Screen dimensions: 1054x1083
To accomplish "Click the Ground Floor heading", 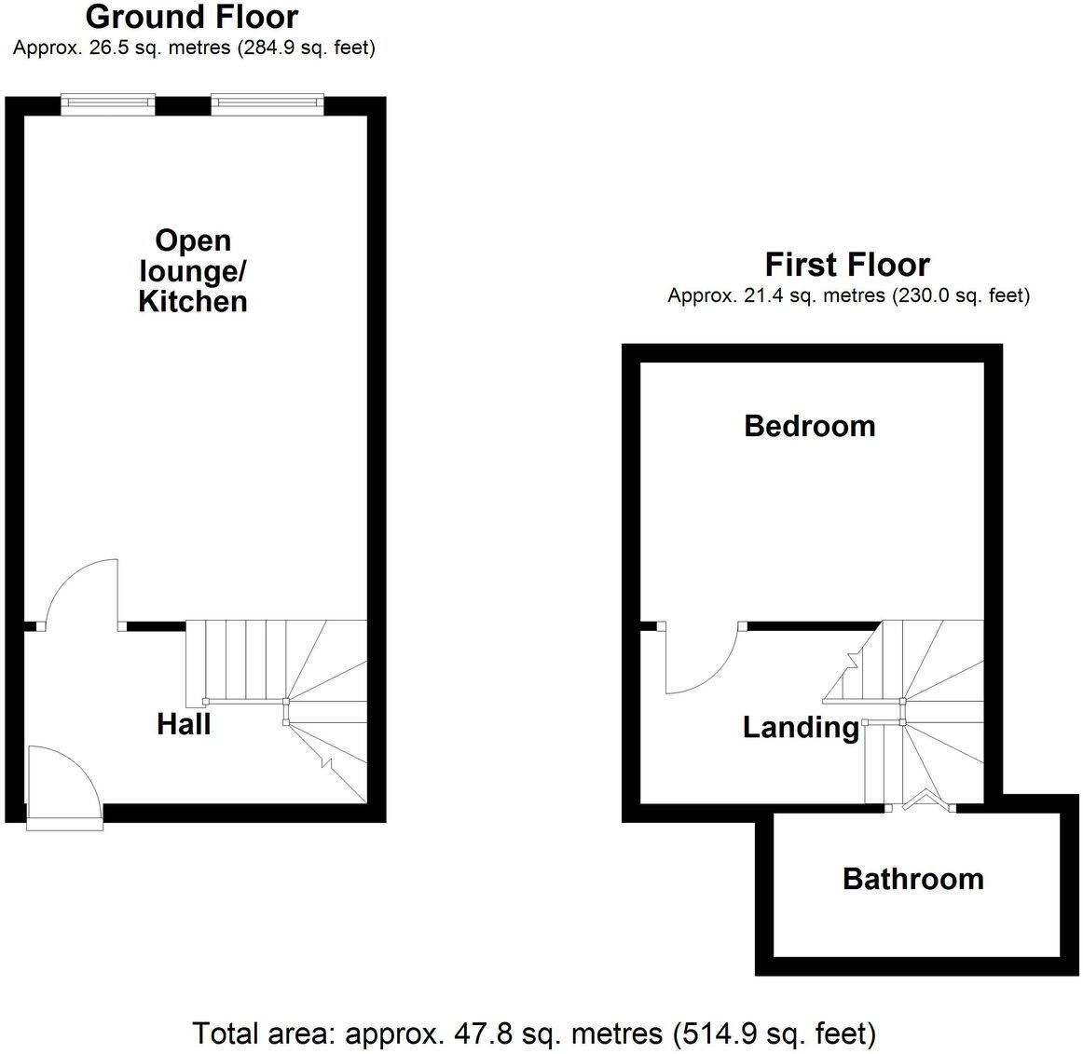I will (192, 17).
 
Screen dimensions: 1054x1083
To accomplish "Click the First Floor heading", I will (847, 265).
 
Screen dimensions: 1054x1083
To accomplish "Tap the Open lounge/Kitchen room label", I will (193, 271).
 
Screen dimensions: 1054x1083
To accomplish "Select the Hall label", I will (184, 724).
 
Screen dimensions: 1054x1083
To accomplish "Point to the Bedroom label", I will (809, 426).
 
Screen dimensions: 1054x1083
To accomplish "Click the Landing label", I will (801, 727).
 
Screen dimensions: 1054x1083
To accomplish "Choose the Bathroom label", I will (912, 879).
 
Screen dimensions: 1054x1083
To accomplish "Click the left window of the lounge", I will (107, 104).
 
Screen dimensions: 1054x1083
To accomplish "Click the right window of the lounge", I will (267, 104).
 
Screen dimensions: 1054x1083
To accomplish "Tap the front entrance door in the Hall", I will (63, 787).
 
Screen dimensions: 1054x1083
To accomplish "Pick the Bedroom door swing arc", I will (701, 662).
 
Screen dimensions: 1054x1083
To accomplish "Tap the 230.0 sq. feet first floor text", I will (960, 296).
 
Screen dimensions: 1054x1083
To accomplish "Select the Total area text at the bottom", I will (533, 1033).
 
